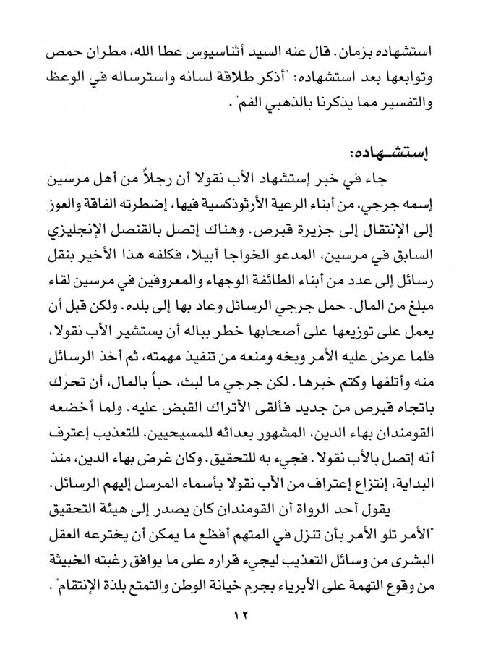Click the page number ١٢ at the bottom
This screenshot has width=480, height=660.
tap(239, 616)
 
